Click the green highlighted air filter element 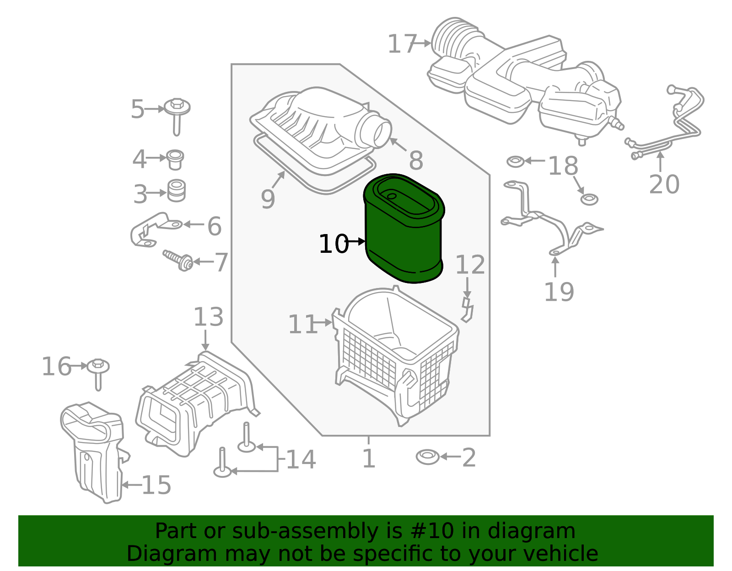(403, 238)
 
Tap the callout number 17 (402, 44)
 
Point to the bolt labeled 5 (177, 114)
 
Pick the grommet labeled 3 (176, 191)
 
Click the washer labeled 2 (427, 457)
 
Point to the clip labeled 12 (467, 310)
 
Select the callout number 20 (664, 184)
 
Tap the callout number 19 (559, 292)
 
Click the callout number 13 (208, 317)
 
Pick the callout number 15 (156, 485)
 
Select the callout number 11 (302, 325)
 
